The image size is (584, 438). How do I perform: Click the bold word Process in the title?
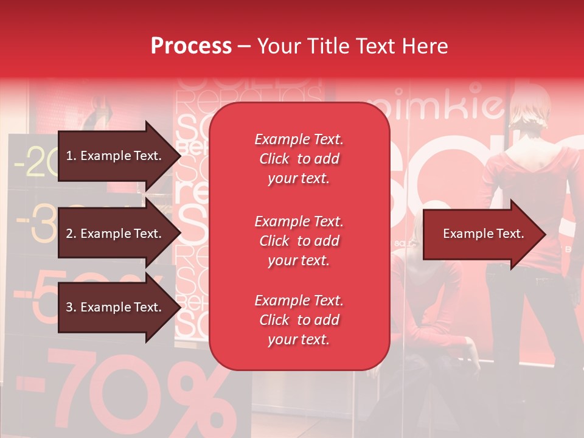pyautogui.click(x=191, y=46)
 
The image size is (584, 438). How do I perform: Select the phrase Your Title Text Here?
pyautogui.click(x=353, y=46)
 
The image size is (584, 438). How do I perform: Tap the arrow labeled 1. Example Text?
pyautogui.click(x=116, y=156)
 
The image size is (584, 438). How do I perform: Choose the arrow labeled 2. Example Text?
pyautogui.click(x=116, y=234)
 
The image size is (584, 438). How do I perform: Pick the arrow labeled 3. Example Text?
pyautogui.click(x=116, y=307)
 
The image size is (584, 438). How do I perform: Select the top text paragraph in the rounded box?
pyautogui.click(x=299, y=159)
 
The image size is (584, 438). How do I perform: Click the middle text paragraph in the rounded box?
pyautogui.click(x=299, y=241)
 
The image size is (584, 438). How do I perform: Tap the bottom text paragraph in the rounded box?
pyautogui.click(x=299, y=320)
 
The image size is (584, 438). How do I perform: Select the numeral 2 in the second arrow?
pyautogui.click(x=69, y=234)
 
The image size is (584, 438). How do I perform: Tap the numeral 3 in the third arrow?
pyautogui.click(x=69, y=307)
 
